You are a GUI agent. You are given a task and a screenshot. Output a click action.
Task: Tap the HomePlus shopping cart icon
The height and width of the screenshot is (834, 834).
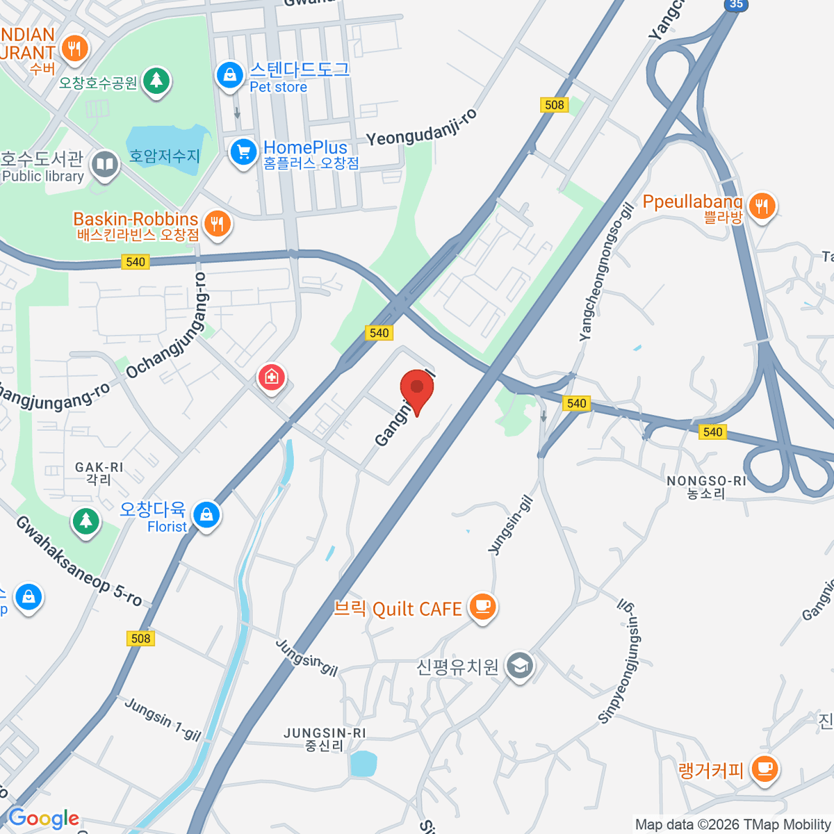click(243, 152)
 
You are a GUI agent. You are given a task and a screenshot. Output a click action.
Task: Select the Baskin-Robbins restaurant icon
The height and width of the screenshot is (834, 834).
click(218, 224)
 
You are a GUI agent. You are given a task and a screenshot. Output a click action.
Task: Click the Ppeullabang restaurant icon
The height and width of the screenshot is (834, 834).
click(762, 206)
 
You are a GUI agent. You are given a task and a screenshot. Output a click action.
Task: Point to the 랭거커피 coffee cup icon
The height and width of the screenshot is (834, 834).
click(764, 769)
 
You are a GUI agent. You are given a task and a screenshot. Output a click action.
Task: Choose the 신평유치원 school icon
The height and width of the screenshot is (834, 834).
click(520, 667)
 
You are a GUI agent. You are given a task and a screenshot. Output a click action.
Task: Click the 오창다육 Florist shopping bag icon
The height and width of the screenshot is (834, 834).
click(206, 516)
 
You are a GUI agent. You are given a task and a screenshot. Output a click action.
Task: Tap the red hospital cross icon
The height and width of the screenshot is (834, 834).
click(272, 378)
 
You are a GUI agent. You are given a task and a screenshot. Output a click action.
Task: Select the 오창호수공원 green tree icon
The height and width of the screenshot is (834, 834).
click(156, 81)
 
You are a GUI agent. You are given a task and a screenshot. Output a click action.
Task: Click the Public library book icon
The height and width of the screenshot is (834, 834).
click(105, 165)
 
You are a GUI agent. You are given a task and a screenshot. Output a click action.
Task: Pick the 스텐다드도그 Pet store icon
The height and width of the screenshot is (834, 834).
click(229, 75)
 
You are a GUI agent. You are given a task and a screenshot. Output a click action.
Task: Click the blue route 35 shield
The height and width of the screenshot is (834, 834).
click(736, 5)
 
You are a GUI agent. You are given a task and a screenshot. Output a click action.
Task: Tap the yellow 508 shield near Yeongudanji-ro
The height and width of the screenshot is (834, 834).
click(554, 105)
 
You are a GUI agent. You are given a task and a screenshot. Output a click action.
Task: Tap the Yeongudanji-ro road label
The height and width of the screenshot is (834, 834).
click(422, 128)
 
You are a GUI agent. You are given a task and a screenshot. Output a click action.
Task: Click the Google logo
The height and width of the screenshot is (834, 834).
click(44, 819)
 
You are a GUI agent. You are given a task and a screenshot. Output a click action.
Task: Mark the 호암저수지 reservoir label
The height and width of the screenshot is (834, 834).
click(164, 156)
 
